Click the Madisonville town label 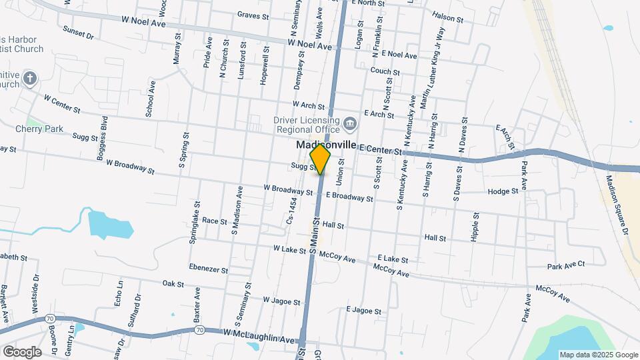coord(325,145)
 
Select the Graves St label coord(252,15)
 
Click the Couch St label coord(385,71)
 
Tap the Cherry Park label coord(39,128)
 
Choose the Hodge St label coord(503,191)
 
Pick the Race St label coord(215,220)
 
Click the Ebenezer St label coord(209,270)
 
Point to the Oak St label coord(173,283)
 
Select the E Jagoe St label coord(364,311)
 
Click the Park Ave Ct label coord(565,265)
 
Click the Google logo coord(22,351)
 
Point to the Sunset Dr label coord(79,31)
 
